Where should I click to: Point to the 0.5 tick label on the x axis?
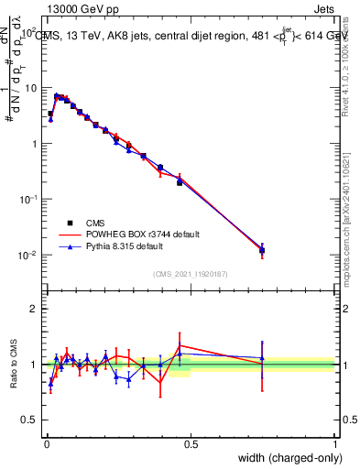pos(191,444)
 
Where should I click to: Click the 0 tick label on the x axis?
pos(46,444)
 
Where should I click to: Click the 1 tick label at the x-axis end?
pos(335,444)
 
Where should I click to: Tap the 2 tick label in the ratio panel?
pos(33,309)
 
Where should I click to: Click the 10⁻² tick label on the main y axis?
pos(28,256)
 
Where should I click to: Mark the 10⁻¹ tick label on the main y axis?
pos(28,200)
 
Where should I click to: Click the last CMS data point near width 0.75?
pos(262,249)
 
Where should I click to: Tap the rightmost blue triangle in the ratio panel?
pos(262,358)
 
